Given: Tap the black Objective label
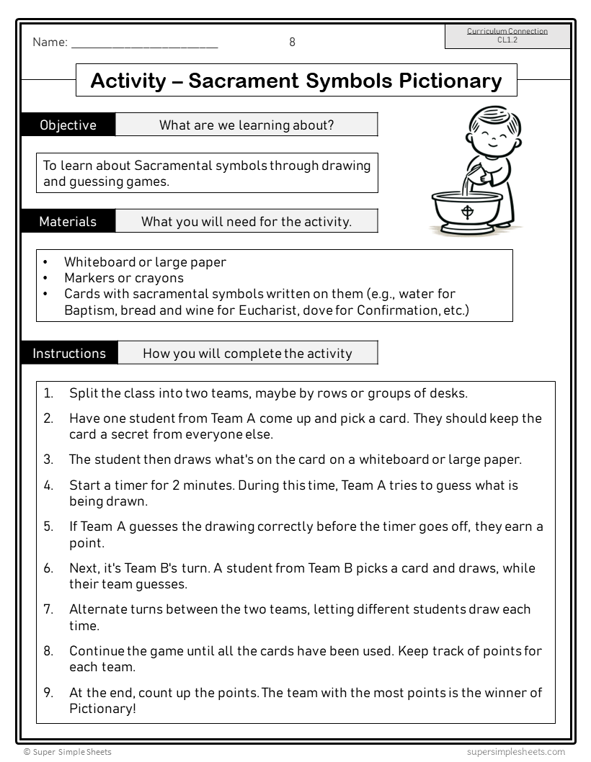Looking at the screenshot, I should [68, 125].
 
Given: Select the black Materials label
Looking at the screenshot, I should [68, 222].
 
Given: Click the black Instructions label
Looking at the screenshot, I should [69, 354].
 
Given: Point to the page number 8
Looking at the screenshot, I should [292, 42].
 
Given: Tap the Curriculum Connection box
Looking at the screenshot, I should [507, 36].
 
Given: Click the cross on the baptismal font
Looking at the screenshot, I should [468, 212].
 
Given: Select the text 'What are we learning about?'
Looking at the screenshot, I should [246, 125].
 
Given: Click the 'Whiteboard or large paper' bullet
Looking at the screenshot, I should [145, 262].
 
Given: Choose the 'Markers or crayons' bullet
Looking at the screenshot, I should [124, 278].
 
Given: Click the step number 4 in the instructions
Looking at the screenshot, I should [48, 485].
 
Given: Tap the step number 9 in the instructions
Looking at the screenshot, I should [48, 693].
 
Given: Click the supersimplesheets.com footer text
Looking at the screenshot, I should [515, 752].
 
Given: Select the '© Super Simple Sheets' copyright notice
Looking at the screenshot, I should [68, 752].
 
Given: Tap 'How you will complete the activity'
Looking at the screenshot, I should [247, 354].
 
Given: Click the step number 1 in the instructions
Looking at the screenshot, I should [48, 393].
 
